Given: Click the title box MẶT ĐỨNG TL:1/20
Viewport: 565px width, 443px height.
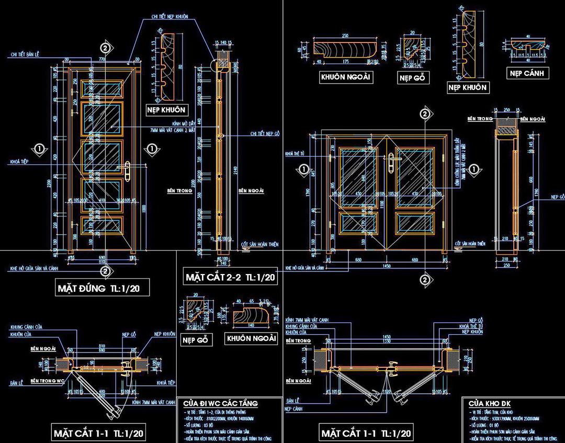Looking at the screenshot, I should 103,288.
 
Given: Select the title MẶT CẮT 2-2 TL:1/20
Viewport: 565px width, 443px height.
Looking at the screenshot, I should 230,277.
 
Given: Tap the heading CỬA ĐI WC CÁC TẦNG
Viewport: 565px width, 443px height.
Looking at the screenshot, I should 220,403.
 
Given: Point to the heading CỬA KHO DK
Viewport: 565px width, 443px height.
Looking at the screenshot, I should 490,403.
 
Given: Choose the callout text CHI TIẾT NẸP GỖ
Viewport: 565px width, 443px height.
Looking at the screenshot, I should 265,134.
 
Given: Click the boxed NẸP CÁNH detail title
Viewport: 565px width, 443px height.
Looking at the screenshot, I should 527,73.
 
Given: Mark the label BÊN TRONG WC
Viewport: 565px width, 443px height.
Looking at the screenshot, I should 50,380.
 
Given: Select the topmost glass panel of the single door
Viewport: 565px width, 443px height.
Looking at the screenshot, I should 103,88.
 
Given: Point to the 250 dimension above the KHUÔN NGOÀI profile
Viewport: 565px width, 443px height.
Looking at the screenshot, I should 345,36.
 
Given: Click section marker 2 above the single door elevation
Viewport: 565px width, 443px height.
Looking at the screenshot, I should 106,48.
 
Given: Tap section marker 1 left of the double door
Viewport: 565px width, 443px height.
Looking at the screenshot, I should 303,169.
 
